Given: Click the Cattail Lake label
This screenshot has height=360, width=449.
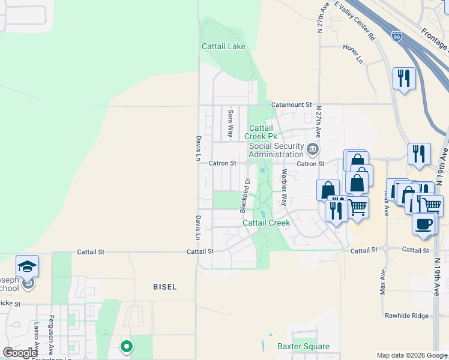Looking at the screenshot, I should [223, 46].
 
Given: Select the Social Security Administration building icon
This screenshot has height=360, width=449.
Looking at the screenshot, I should [312, 149].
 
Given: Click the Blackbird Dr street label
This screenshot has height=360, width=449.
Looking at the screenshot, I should [244, 195].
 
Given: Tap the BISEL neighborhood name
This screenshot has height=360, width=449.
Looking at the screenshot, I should [164, 287].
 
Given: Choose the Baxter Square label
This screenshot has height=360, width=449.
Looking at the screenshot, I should [303, 346].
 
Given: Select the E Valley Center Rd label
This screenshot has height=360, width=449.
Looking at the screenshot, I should [355, 20].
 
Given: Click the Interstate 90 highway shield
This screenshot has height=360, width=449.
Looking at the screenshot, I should [397, 37].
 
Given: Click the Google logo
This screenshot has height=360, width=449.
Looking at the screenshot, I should [20, 353].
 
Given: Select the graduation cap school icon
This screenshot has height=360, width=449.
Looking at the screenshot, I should [27, 265].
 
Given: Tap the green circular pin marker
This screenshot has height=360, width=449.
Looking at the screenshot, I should [126, 346].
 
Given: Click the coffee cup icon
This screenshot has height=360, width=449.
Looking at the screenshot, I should [424, 224].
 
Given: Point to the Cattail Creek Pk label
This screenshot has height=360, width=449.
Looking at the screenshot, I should [261, 132].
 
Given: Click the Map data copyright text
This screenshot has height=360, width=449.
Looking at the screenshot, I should [412, 355].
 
